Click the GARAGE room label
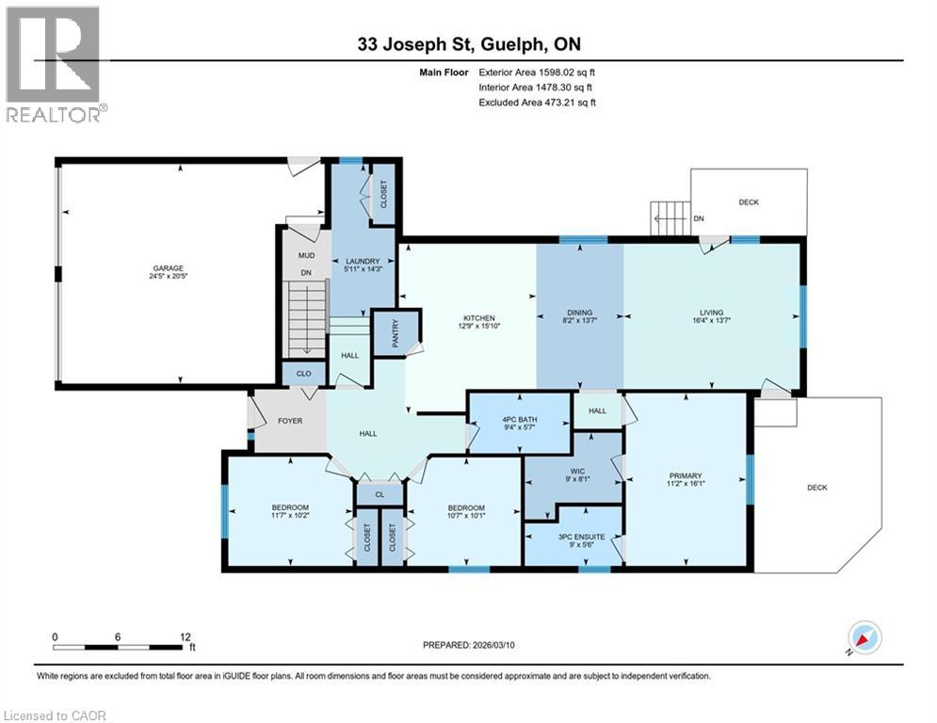(x=168, y=268)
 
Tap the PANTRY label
(x=395, y=333)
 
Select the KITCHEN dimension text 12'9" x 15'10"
(x=478, y=327)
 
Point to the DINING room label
(x=580, y=312)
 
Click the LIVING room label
(x=712, y=312)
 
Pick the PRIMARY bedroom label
(x=686, y=475)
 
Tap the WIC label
(x=577, y=471)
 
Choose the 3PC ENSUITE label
(x=581, y=537)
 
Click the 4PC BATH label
(x=520, y=419)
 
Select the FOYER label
(x=290, y=421)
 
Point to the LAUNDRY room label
(x=363, y=261)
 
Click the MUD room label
(x=306, y=255)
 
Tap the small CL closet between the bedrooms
(x=380, y=495)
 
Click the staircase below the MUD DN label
(x=307, y=318)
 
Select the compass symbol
(x=864, y=639)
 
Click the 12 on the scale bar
(x=186, y=637)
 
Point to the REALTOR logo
(x=55, y=64)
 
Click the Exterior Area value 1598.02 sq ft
(x=567, y=72)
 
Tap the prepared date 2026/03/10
(x=493, y=645)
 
